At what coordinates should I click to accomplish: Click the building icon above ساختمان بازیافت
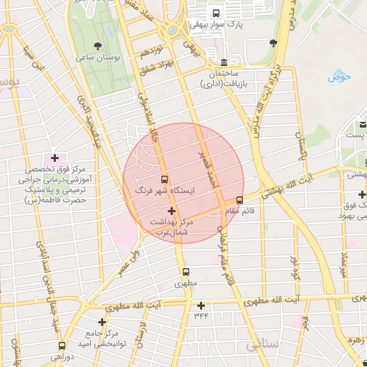click(225, 62)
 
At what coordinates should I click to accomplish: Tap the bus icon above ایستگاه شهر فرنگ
click(165, 179)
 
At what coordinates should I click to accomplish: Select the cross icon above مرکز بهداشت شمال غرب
click(171, 211)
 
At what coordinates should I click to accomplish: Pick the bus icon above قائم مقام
click(239, 200)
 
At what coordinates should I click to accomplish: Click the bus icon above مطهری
click(186, 272)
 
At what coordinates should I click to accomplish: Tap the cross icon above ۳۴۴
click(201, 305)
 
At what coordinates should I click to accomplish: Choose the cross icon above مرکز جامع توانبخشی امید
click(103, 322)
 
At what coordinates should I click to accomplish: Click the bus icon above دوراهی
click(62, 344)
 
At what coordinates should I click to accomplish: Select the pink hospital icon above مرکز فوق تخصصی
click(55, 158)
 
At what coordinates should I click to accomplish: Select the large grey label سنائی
click(260, 345)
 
